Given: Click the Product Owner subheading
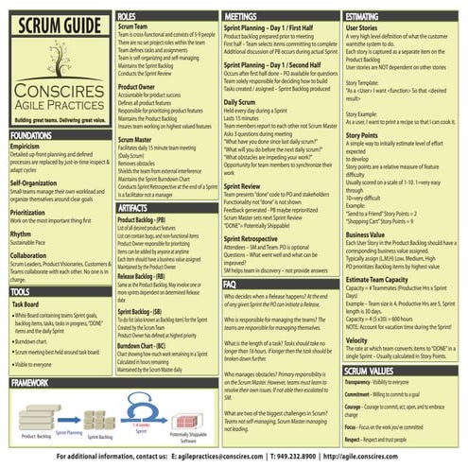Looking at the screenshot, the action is pyautogui.click(x=137, y=86).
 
